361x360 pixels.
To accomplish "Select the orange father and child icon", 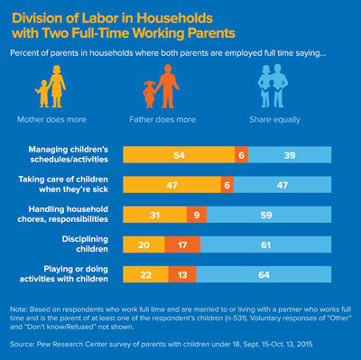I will (157, 90).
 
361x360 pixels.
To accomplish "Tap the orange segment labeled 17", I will (182, 245).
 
